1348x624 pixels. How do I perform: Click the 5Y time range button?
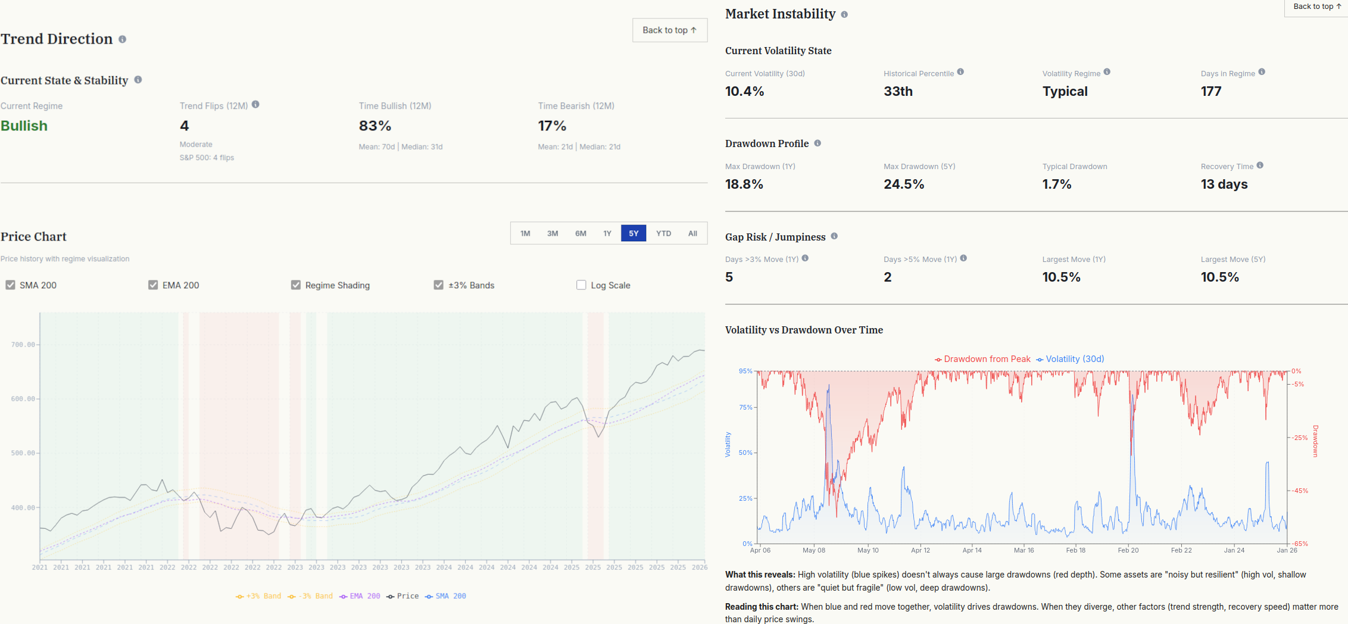pyautogui.click(x=633, y=233)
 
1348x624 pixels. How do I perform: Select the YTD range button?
pyautogui.click(x=663, y=233)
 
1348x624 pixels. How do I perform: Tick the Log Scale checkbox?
pyautogui.click(x=581, y=285)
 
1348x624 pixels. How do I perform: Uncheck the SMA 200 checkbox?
pyautogui.click(x=10, y=285)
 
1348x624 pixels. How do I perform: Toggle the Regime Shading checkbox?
pyautogui.click(x=296, y=285)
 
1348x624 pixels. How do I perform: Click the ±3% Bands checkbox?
pyautogui.click(x=439, y=285)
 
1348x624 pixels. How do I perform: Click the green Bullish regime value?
pyautogui.click(x=24, y=126)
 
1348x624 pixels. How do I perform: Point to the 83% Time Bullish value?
pyautogui.click(x=375, y=126)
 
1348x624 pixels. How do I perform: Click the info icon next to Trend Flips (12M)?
pyautogui.click(x=255, y=104)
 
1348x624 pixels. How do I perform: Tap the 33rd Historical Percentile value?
pyautogui.click(x=898, y=91)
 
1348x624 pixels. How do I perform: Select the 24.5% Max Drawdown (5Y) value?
pyautogui.click(x=904, y=184)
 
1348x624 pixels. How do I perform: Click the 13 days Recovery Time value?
pyautogui.click(x=1224, y=184)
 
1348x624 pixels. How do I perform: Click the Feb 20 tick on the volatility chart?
pyautogui.click(x=1128, y=550)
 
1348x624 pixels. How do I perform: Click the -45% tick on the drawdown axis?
pyautogui.click(x=1299, y=491)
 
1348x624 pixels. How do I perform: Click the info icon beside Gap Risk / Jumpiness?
pyautogui.click(x=834, y=236)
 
